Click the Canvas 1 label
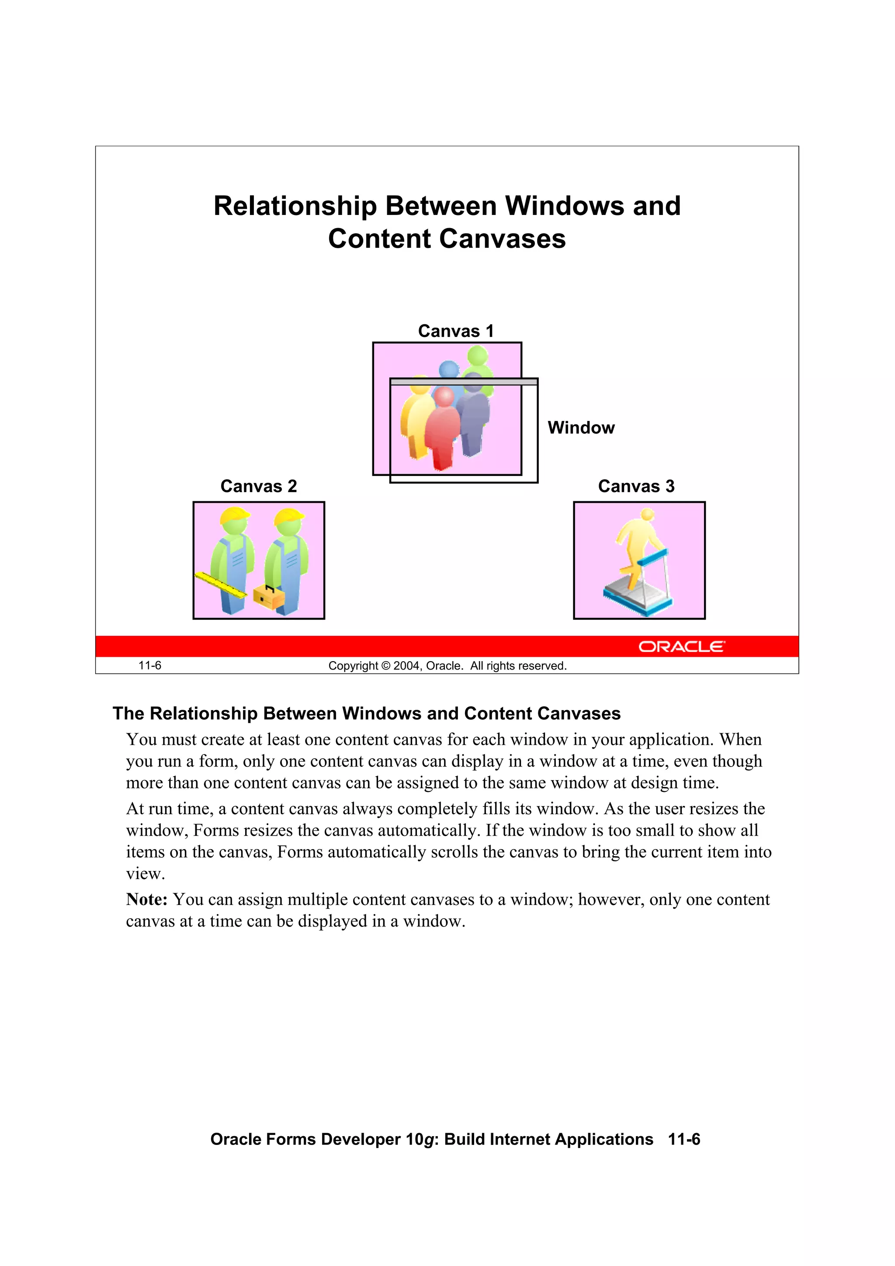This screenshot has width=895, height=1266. click(x=455, y=331)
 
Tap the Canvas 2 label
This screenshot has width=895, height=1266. click(x=259, y=486)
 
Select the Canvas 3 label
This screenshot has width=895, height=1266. click(x=636, y=486)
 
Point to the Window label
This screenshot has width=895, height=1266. click(x=581, y=428)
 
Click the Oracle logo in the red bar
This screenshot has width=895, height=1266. click(x=682, y=647)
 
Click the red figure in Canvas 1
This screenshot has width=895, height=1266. click(x=444, y=430)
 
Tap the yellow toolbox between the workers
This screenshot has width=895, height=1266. click(x=269, y=597)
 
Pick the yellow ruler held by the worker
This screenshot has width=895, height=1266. click(x=221, y=586)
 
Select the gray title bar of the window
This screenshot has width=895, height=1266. click(x=464, y=382)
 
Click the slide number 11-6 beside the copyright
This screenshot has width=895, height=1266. click(x=149, y=666)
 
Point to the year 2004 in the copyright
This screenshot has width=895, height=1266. click(x=407, y=666)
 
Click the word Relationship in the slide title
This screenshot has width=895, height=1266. click(x=295, y=206)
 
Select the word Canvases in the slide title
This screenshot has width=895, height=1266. click(x=503, y=239)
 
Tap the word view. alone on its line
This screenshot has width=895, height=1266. click(x=146, y=874)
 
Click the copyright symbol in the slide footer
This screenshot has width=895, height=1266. click(x=385, y=666)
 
